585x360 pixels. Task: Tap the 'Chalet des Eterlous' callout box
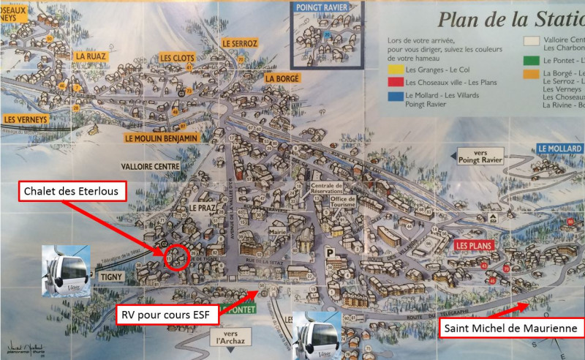[x=69, y=192]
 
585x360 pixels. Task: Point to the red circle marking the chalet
[x=175, y=257]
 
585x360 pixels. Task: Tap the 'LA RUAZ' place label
[x=91, y=56]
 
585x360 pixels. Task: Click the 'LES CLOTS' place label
[x=177, y=57]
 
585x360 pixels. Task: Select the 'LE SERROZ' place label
[x=240, y=44]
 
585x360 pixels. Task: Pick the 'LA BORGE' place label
[x=282, y=78]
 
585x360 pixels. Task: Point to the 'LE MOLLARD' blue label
[x=559, y=149]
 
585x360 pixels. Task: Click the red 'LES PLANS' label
[x=473, y=245]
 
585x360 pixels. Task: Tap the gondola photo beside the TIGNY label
[x=66, y=271]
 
